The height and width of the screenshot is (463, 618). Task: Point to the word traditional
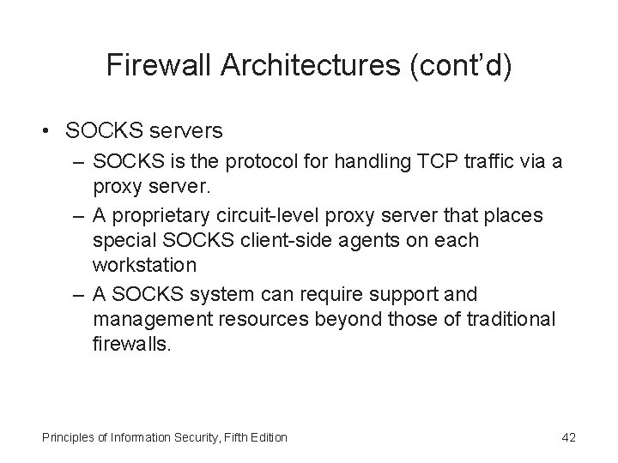(507, 319)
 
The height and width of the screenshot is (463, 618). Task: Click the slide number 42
(567, 438)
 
